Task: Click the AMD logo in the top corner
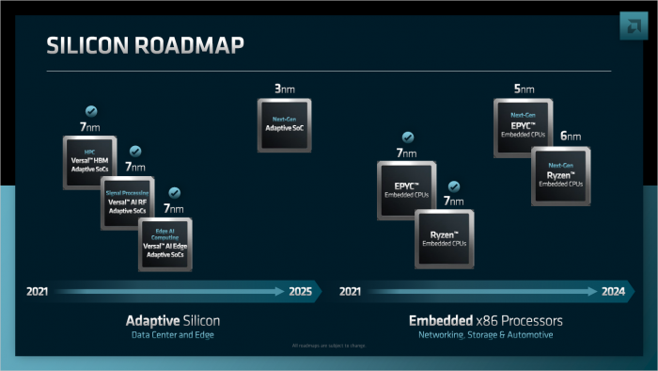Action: pos(629,27)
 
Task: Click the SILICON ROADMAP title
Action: pos(145,46)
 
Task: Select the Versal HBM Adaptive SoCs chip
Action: pos(90,163)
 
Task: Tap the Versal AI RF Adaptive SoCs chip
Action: pos(129,202)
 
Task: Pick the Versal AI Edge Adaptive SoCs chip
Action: pos(165,244)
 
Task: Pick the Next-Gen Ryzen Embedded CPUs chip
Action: pos(561,174)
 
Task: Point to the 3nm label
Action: pos(284,89)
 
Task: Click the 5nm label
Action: pos(524,89)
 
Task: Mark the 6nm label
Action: pos(571,137)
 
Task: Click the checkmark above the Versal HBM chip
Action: pos(91,110)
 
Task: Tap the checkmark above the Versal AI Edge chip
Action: pos(174,192)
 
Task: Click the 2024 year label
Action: pos(613,292)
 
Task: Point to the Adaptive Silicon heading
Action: pos(173,321)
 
